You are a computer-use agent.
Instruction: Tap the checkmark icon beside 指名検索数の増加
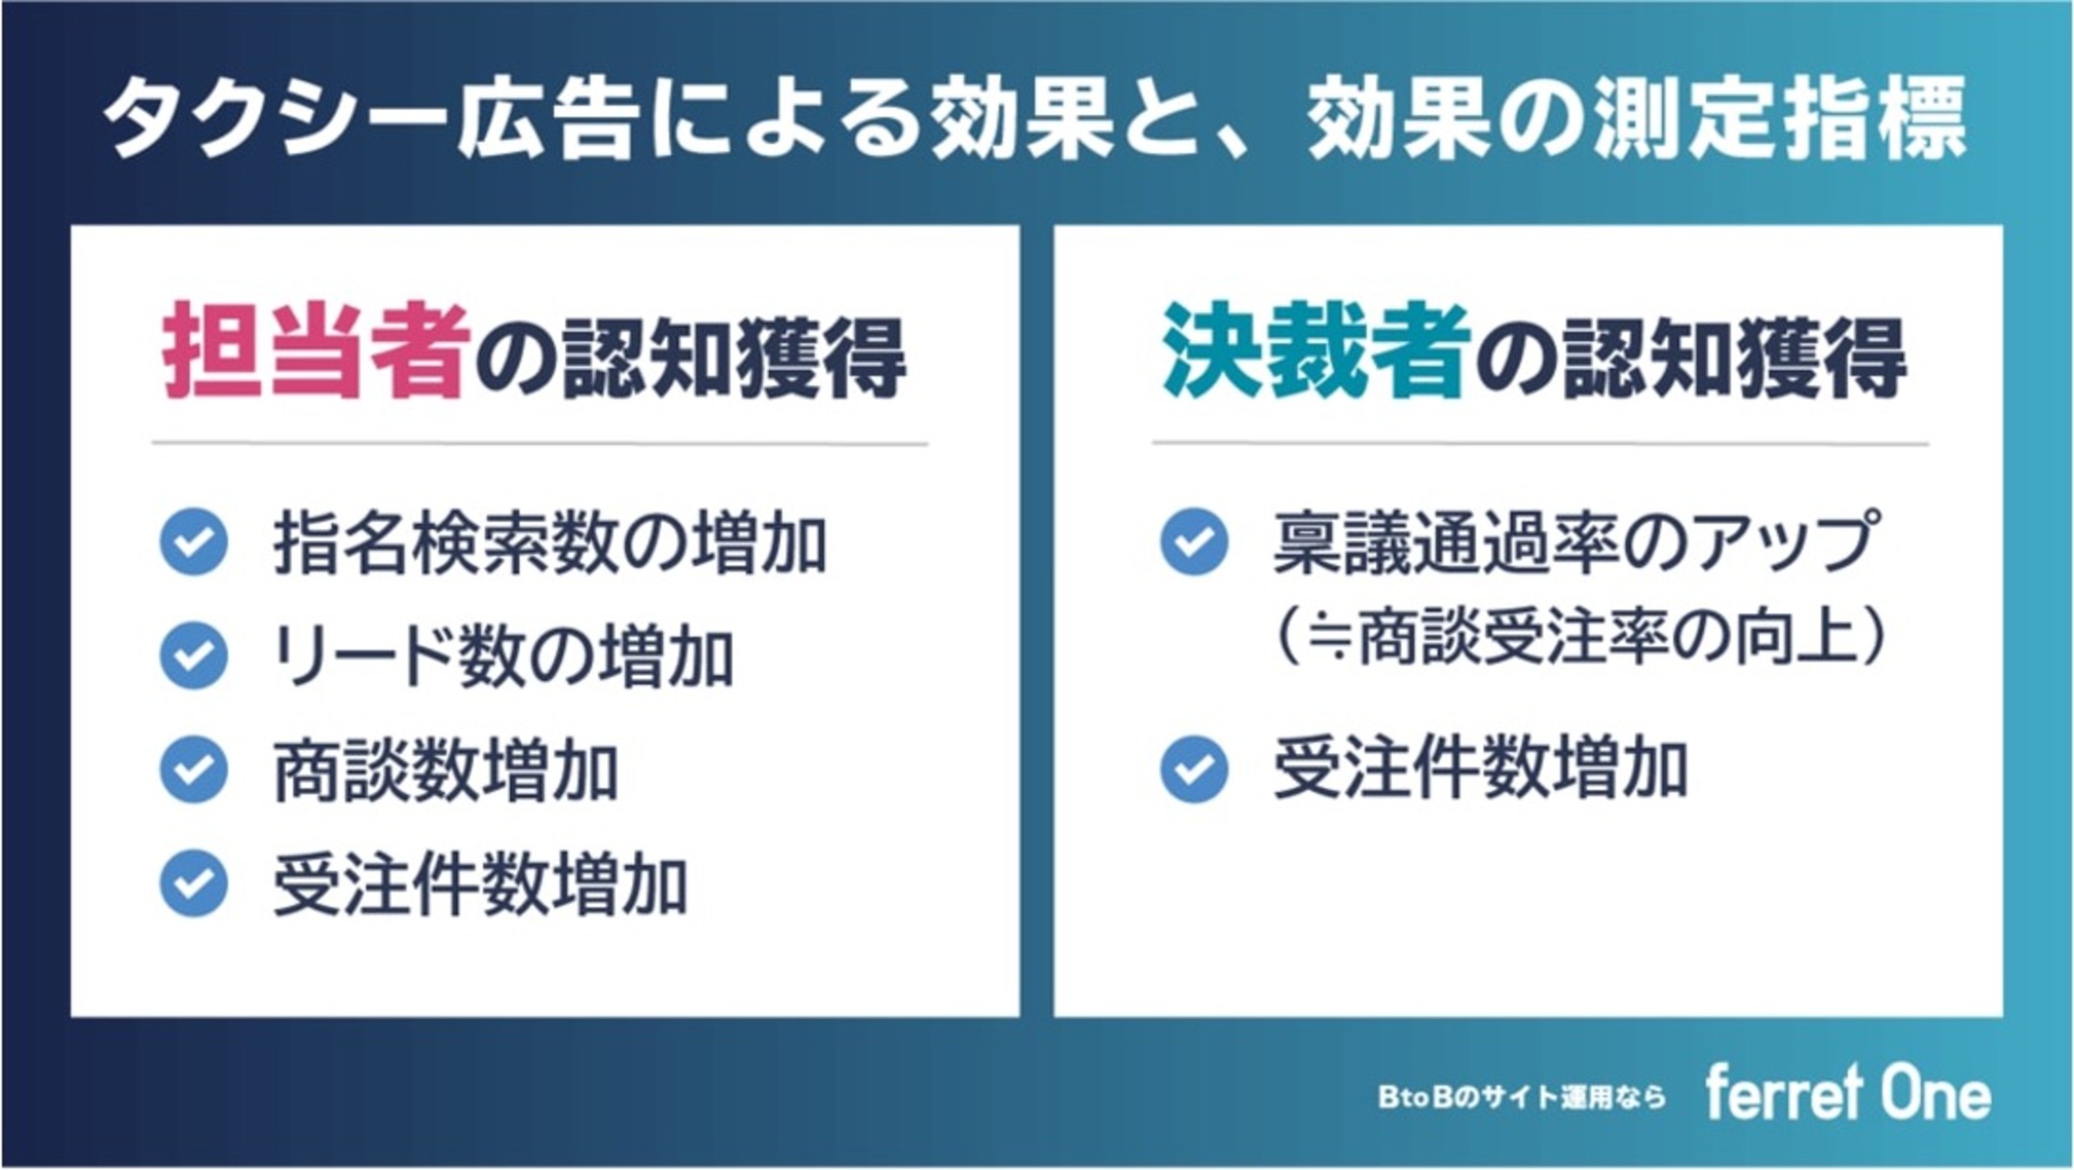[194, 542]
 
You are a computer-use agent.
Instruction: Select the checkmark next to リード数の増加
[194, 656]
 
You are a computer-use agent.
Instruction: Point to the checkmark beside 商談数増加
[194, 770]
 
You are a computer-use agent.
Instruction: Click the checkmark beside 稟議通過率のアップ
[1194, 542]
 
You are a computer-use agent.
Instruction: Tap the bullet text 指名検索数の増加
[550, 543]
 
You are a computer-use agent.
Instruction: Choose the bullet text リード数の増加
[503, 657]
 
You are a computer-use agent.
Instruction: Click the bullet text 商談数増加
[446, 771]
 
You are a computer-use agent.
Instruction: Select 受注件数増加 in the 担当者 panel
[480, 884]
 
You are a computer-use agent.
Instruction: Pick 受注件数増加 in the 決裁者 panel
[1481, 770]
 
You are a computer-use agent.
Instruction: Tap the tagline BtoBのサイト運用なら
[1522, 1097]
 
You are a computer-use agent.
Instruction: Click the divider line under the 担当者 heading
[540, 444]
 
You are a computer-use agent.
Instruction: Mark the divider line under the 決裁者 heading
[1541, 444]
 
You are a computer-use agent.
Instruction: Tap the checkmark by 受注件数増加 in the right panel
[1194, 770]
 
